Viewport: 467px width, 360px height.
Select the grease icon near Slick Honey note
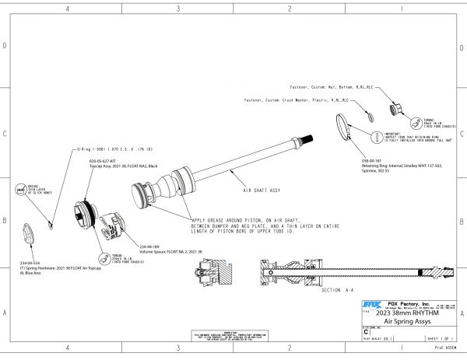(x=21, y=190)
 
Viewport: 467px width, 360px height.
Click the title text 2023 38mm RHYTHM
(x=412, y=313)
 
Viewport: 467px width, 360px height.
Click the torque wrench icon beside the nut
(x=418, y=121)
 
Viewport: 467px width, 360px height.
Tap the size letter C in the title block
(x=367, y=330)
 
